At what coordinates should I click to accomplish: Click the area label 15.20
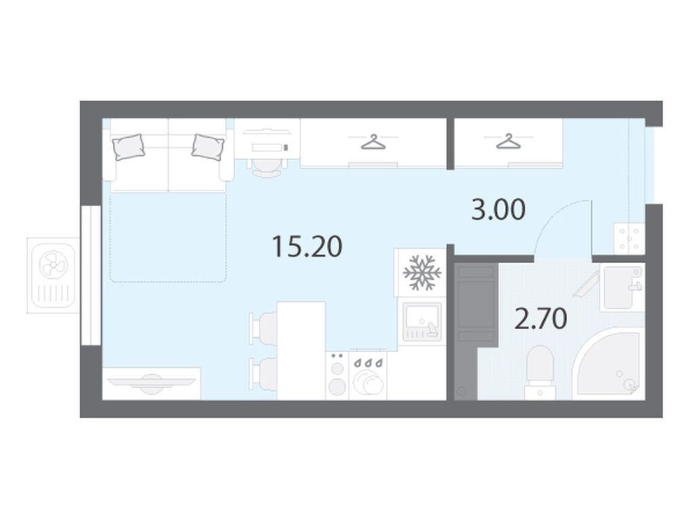pos(307,246)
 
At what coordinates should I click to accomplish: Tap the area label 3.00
pos(499,210)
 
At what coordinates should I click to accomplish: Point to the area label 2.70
pos(540,319)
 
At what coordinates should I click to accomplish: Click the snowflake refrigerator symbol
pos(422,273)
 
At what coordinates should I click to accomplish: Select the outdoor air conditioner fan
pos(53,265)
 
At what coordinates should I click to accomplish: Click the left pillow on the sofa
pos(129,147)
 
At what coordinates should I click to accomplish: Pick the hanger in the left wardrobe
pos(373,142)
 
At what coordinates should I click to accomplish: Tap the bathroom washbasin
pos(622,288)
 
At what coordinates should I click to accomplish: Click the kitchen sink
pos(422,321)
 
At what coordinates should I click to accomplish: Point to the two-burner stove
pos(338,375)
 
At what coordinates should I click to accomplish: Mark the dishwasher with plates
pos(368,375)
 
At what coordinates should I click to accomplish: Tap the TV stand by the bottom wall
pos(152,383)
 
